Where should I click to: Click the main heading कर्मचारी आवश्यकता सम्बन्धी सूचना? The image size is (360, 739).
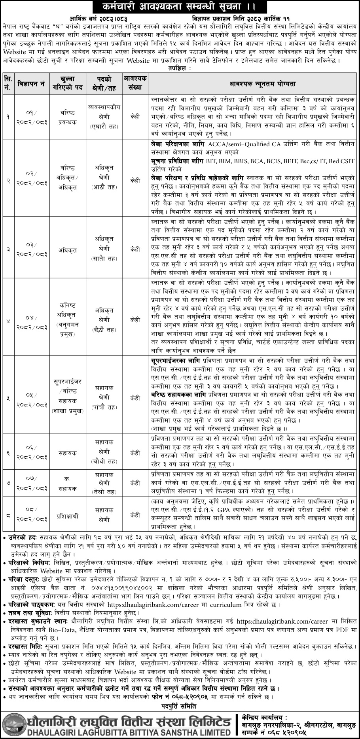(180, 7)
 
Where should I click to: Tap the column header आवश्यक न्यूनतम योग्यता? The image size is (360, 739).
(254, 84)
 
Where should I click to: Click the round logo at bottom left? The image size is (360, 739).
(13, 724)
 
